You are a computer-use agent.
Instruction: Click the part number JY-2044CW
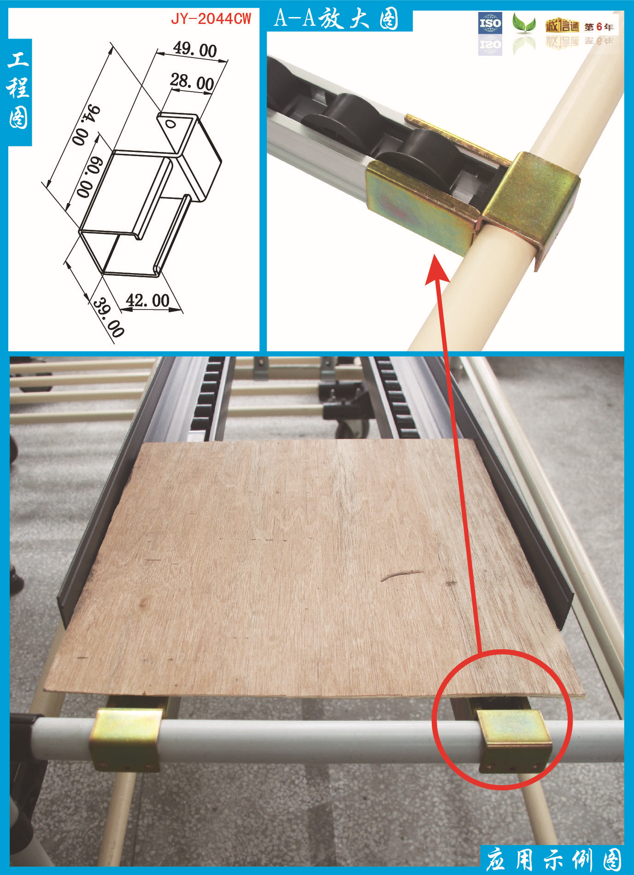coord(211,18)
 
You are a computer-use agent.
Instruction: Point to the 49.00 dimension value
coord(195,49)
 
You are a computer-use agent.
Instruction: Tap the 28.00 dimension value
coord(192,82)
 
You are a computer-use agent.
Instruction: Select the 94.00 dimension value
coord(86,125)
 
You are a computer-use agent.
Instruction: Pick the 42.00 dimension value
coord(147,301)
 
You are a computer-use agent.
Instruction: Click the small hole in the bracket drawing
coord(170,124)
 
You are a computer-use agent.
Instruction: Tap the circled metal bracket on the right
coord(514,741)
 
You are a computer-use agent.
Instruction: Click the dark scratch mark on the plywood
coord(401,575)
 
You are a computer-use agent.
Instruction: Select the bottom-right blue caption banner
coord(552,859)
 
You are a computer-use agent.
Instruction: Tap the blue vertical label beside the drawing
coord(19,92)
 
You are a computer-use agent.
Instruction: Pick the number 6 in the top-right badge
coord(599,27)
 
